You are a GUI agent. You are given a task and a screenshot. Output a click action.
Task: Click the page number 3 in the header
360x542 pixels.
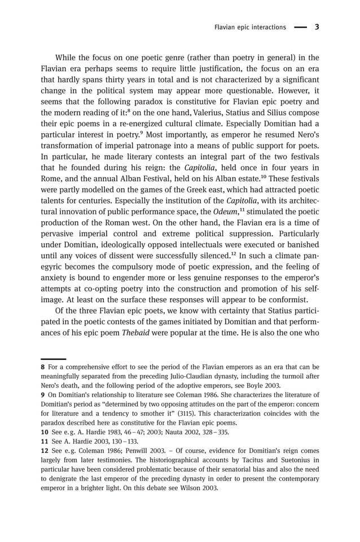(x=317, y=27)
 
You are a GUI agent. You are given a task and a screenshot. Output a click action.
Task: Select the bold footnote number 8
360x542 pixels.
(x=43, y=367)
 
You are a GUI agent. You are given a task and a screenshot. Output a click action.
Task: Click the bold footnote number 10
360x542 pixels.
(x=45, y=433)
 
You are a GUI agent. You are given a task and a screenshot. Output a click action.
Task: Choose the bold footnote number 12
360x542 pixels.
(x=45, y=451)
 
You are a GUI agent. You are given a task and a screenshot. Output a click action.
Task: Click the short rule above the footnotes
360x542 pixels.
(x=53, y=359)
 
